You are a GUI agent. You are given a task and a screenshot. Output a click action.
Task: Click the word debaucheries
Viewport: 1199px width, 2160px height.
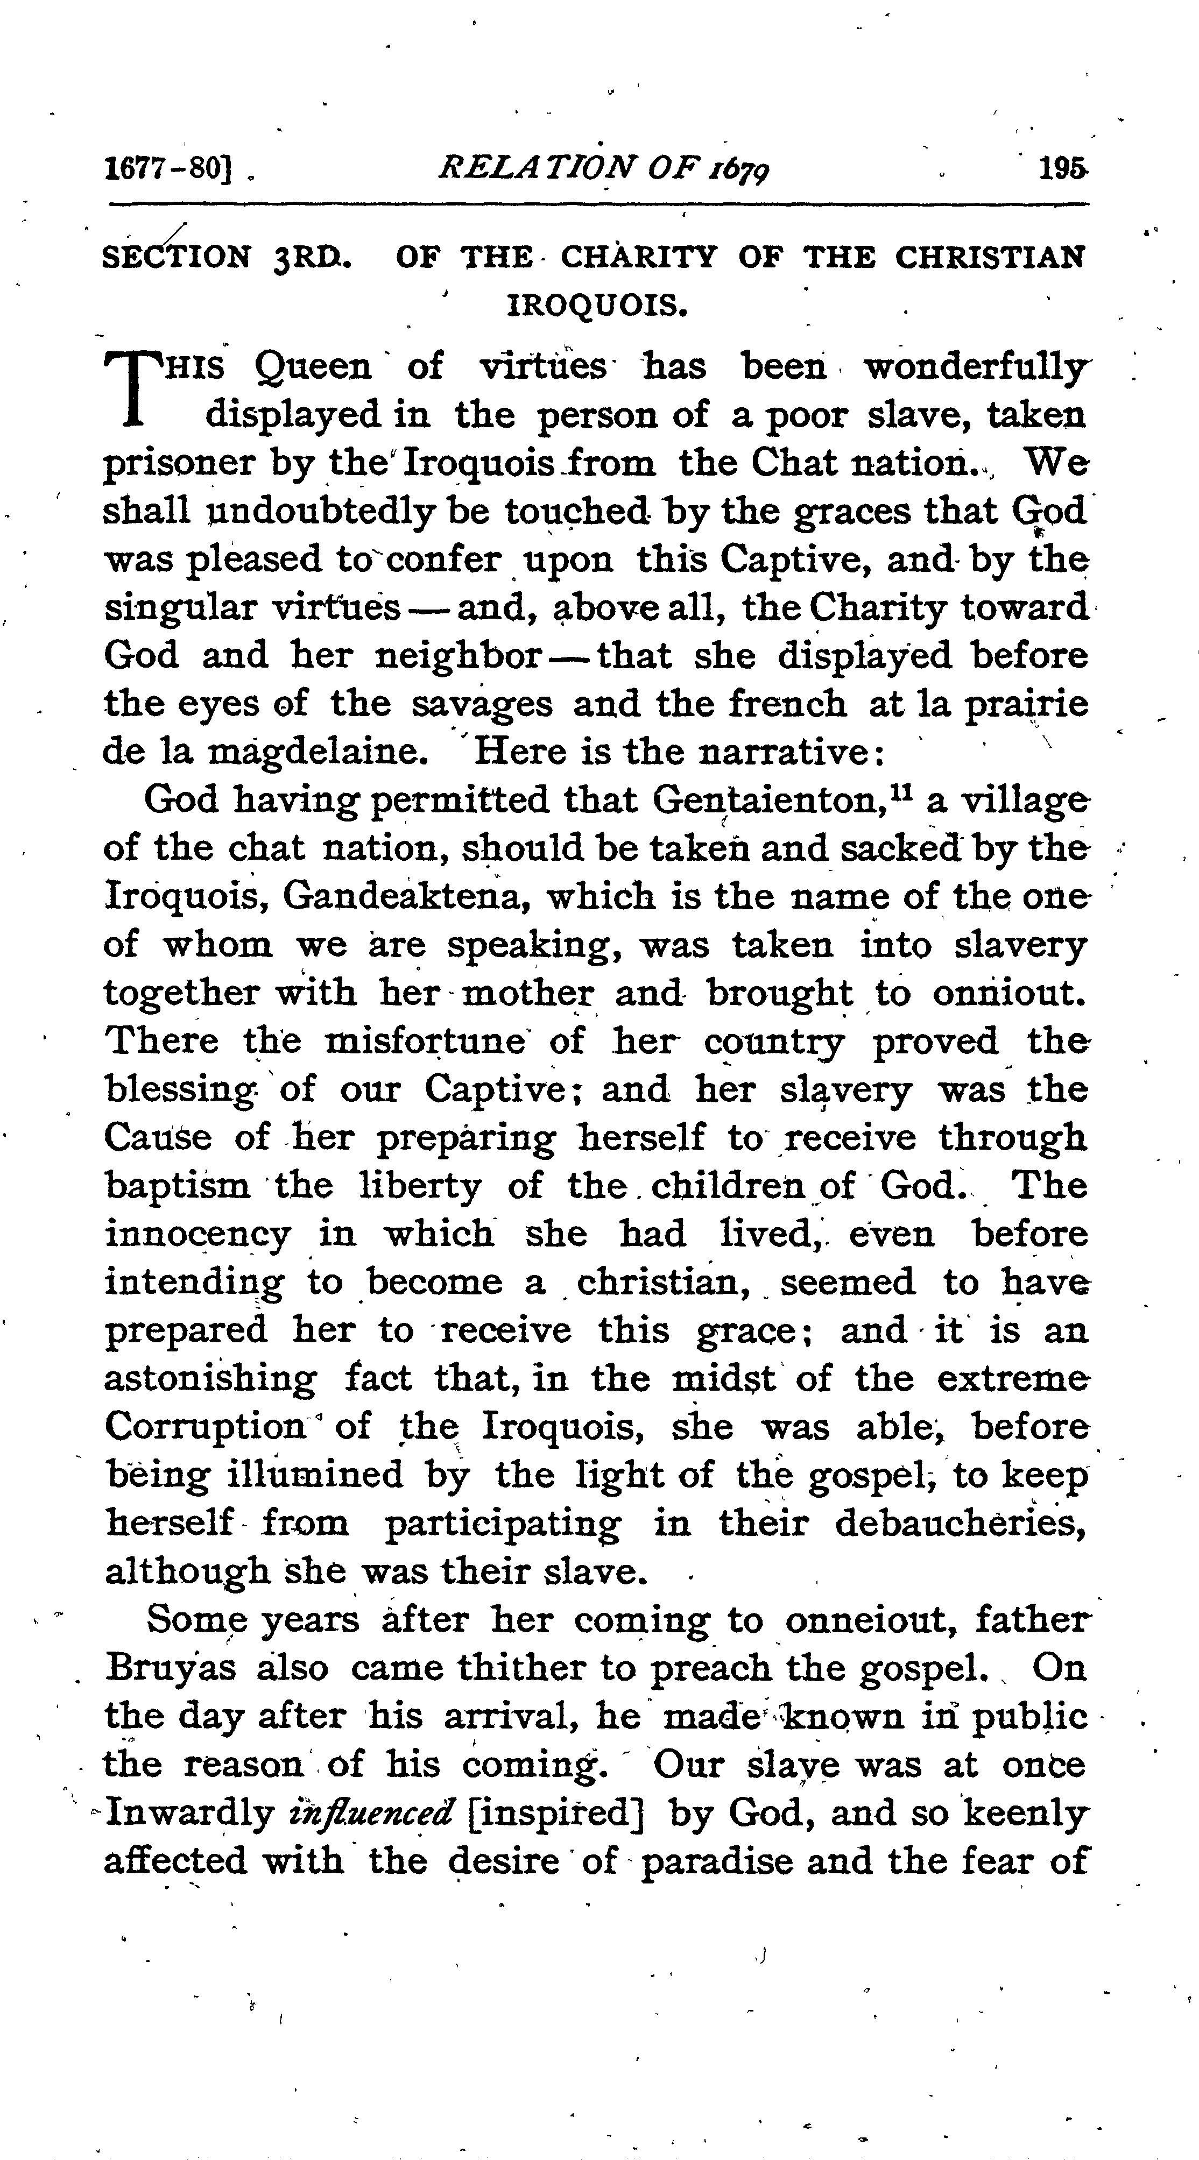(960, 1522)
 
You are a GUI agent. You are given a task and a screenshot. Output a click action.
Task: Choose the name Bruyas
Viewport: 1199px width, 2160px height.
(171, 1668)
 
